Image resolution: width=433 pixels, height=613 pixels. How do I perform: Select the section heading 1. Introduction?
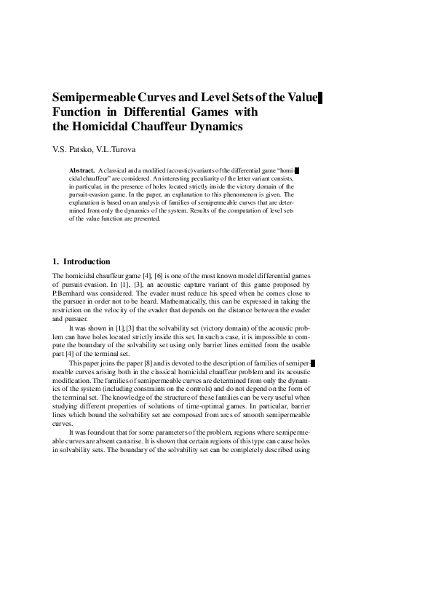(x=82, y=261)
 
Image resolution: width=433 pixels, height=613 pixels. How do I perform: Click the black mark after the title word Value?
(x=320, y=98)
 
